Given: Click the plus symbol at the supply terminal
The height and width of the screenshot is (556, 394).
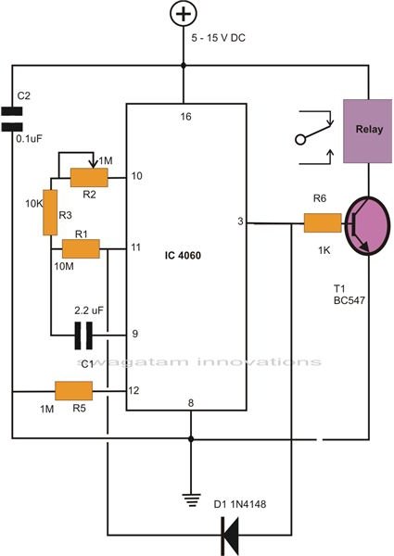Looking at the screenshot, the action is pos(184,14).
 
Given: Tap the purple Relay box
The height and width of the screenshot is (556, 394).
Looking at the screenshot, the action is pos(368,131).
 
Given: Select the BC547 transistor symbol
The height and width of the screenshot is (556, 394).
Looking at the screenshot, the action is pos(367,225).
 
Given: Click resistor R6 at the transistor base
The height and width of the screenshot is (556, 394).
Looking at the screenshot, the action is pos(323,222).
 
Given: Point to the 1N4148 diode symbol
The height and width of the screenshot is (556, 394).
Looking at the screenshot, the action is pos(230,535).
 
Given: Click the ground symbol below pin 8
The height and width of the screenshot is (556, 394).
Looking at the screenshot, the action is pos(191,500).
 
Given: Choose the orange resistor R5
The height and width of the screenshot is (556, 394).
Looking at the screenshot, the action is pos(74,391).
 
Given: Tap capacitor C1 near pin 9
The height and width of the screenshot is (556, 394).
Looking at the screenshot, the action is pos(83,335).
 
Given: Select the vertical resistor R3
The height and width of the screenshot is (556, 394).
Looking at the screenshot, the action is pos(50,212).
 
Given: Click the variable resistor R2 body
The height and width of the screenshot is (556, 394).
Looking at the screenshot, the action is pos(89,177).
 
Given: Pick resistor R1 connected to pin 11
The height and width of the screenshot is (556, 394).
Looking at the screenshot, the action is pos(82,248).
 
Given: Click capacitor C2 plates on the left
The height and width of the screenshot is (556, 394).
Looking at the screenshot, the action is pos(12,120).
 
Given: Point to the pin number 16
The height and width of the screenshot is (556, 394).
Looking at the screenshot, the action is pos(185,117).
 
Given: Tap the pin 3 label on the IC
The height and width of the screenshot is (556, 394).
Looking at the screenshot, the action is pos(241,221).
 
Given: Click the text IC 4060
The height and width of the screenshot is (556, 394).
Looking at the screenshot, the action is pos(183,256).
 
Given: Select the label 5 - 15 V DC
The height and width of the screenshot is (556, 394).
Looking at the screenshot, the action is pos(219,38).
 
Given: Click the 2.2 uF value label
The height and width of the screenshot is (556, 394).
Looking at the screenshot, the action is pos(89,310).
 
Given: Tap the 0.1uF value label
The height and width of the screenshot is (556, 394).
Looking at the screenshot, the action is pos(29,139).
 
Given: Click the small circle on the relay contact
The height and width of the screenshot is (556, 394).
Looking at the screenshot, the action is pos(300,139).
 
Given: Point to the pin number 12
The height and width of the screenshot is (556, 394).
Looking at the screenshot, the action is pos(133,390).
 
